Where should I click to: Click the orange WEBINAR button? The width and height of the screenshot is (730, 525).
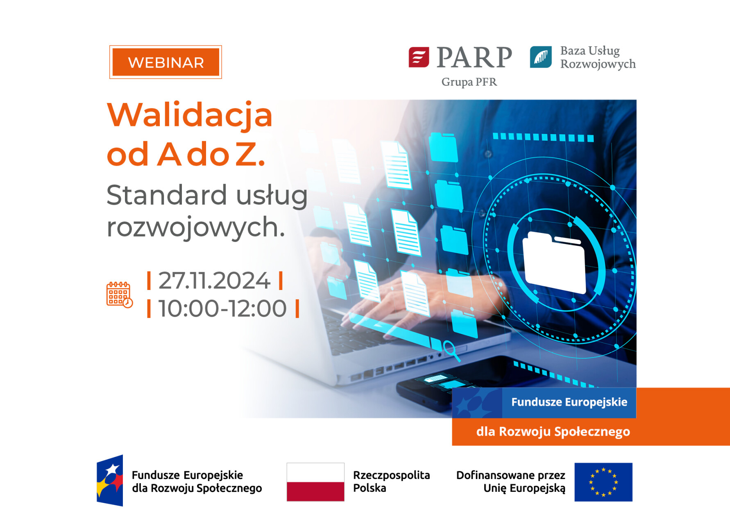pos(165,62)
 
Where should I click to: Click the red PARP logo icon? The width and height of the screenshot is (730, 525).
pos(419,57)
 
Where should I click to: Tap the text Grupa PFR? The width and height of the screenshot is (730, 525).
pos(469,82)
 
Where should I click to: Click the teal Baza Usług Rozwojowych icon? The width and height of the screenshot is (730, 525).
pos(541,57)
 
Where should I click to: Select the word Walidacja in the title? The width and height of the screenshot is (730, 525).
pos(190,115)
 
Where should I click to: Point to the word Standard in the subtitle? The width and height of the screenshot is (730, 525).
pos(166,195)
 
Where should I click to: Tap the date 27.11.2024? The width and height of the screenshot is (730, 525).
pos(214,281)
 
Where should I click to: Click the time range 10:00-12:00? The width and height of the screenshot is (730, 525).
pos(222,308)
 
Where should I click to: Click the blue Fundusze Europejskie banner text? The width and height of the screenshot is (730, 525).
pos(569,402)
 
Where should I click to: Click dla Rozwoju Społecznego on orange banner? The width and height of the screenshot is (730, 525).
pos(553,431)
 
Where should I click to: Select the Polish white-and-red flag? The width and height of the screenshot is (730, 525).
pos(315,482)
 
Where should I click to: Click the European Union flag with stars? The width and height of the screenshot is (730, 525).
pos(603,482)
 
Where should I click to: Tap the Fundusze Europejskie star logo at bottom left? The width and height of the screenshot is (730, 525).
pos(110,481)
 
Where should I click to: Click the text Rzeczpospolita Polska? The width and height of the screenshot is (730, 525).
pos(391,482)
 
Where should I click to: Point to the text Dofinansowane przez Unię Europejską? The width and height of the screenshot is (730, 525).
pos(510,482)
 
